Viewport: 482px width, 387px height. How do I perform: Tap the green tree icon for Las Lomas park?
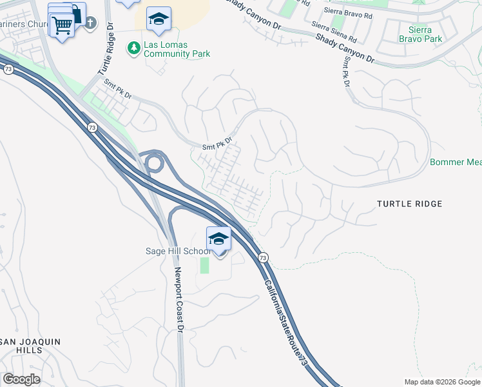(134, 47)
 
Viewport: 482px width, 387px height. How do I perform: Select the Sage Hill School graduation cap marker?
(218, 239)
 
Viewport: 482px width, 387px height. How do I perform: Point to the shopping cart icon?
(63, 26)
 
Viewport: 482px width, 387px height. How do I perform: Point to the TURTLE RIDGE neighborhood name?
(409, 204)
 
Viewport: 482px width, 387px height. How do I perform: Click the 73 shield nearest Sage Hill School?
(263, 257)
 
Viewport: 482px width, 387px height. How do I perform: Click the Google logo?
(21, 379)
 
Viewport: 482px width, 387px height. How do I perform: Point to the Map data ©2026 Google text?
(441, 382)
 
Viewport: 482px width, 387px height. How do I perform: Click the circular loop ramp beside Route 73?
(154, 163)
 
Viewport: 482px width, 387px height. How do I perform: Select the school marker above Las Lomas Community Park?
(158, 19)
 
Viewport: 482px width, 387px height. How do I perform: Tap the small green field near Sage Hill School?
(205, 265)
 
